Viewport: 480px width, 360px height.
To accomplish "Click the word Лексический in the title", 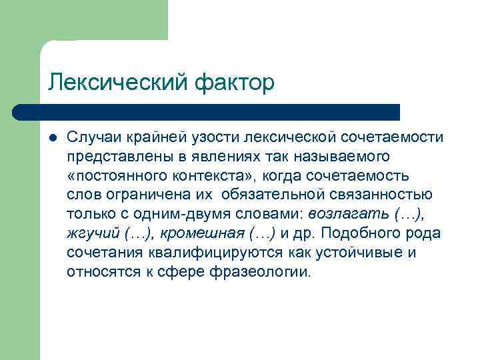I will tap(119, 83).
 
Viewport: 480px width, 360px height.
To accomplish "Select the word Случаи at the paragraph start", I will tap(91, 137).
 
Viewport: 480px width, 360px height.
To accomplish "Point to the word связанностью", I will tap(378, 195).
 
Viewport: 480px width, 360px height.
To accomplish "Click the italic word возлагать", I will tap(351, 214).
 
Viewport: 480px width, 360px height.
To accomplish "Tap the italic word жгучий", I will tap(91, 233).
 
